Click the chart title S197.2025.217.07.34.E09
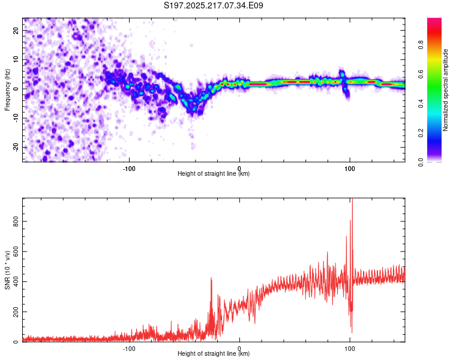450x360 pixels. [213, 5]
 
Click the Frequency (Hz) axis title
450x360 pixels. [7, 90]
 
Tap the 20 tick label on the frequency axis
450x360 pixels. [16, 30]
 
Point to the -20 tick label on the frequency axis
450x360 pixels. [16, 147]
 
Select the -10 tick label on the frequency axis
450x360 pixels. [16, 118]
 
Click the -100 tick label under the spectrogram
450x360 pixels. [129, 169]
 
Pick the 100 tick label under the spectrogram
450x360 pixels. [350, 169]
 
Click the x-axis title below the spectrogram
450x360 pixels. [214, 173]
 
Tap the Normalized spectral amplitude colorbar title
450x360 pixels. [445, 90]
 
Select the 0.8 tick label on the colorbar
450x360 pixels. [421, 45]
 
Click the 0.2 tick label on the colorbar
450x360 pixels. [421, 133]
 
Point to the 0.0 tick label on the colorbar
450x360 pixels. [421, 163]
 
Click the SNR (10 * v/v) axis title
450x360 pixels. [7, 270]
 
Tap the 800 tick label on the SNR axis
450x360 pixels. [16, 221]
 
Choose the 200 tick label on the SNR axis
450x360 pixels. [16, 312]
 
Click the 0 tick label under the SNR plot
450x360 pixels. [239, 349]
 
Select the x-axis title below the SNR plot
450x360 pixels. [214, 353]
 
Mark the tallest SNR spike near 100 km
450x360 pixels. [352, 199]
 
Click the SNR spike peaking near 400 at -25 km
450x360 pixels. [211, 278]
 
